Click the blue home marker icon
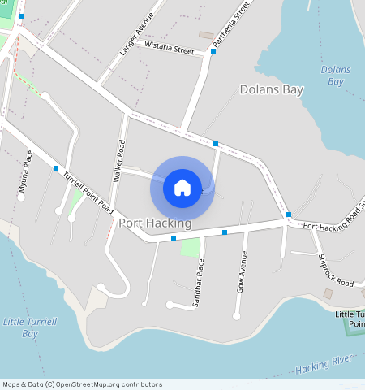[182, 188]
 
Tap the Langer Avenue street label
[135, 34]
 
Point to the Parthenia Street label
[241, 22]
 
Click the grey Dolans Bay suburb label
[271, 89]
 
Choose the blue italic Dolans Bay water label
[335, 75]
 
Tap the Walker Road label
[119, 160]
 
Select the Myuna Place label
[26, 171]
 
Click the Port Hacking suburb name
[155, 223]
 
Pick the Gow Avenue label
[241, 271]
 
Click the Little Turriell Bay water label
[30, 327]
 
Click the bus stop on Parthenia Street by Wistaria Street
[213, 51]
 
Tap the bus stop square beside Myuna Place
[55, 168]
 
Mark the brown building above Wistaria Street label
[206, 36]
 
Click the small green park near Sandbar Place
[189, 247]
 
